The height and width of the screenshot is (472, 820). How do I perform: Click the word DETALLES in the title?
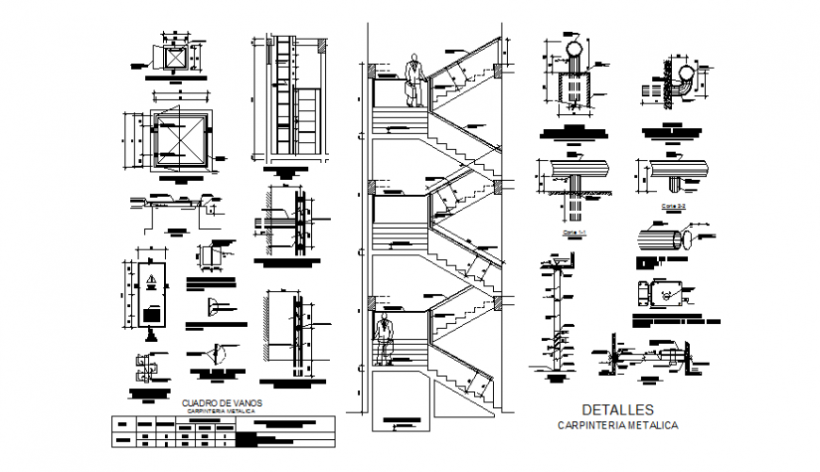click(617, 410)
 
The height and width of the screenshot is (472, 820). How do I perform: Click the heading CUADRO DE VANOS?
click(221, 402)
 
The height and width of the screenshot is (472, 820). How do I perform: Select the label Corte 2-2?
click(672, 203)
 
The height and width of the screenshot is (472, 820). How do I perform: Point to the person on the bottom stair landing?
click(383, 341)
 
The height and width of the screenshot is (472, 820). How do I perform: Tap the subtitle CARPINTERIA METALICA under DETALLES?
click(617, 426)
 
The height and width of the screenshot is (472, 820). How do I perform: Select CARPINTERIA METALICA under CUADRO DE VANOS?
click(221, 412)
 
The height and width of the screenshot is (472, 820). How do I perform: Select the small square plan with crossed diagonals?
click(173, 57)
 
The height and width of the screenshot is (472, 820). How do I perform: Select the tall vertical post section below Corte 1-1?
click(555, 316)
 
